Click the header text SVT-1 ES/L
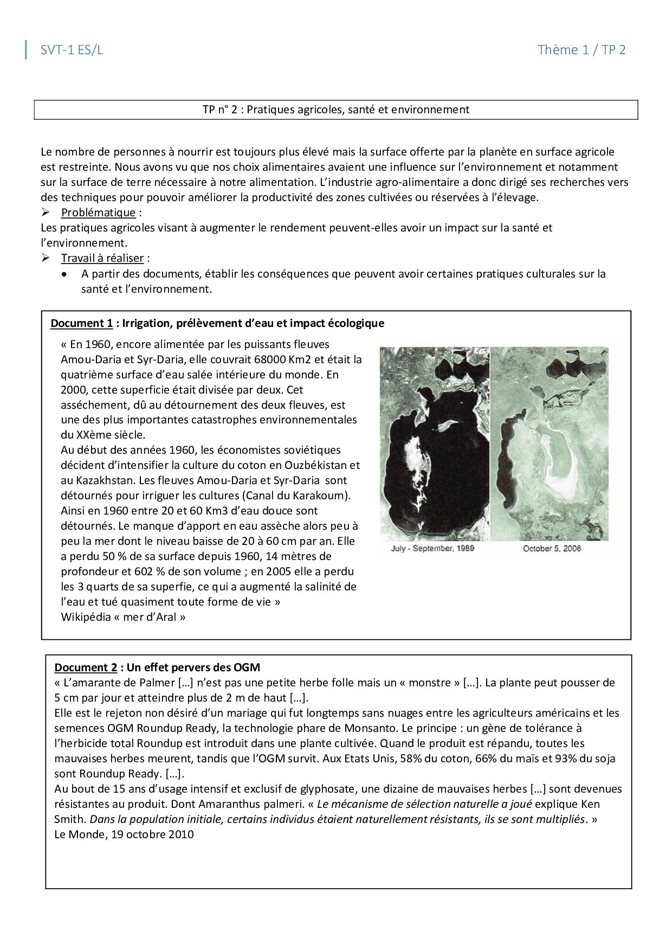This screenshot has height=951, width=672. click(x=72, y=50)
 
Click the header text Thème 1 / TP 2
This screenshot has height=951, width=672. click(x=581, y=50)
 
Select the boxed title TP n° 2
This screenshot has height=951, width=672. click(x=335, y=110)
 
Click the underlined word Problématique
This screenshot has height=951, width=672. click(x=98, y=213)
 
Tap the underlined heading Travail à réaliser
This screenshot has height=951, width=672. click(x=102, y=258)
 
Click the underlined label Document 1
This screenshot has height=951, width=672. click(x=81, y=323)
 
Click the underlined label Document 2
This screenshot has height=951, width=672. click(x=86, y=667)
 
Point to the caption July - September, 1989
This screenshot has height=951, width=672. click(x=432, y=548)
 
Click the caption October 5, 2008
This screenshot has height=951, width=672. click(x=552, y=548)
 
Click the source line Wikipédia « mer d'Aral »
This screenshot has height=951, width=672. click(x=123, y=617)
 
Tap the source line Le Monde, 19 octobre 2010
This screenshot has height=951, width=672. click(x=124, y=834)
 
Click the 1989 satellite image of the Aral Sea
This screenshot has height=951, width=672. click(x=434, y=444)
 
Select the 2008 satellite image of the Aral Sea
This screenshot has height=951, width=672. click(x=549, y=444)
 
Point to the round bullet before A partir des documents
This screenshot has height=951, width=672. click(x=65, y=274)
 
